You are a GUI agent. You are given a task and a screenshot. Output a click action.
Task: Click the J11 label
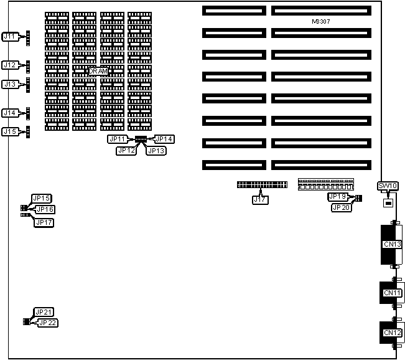(11, 37)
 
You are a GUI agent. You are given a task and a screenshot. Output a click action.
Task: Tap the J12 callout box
(11, 65)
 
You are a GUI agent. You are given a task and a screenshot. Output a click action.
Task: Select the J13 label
(11, 84)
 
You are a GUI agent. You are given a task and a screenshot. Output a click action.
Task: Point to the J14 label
(11, 113)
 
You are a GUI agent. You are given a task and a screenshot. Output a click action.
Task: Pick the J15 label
(11, 131)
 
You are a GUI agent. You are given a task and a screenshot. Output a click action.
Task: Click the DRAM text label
(98, 72)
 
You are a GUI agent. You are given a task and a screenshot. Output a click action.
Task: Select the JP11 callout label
(117, 139)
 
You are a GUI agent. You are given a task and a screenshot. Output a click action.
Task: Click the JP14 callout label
(164, 139)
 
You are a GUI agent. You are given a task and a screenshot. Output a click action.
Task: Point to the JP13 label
(156, 150)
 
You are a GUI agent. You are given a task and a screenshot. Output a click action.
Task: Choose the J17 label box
(261, 200)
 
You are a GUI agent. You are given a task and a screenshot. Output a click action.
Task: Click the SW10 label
(388, 186)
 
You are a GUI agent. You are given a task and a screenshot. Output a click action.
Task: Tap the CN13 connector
(392, 244)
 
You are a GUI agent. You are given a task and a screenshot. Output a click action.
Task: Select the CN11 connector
(392, 293)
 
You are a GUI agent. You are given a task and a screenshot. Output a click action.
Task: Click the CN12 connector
(392, 333)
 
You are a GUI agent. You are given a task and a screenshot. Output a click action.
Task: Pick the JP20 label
(340, 207)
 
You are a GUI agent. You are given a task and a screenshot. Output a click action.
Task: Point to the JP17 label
(44, 222)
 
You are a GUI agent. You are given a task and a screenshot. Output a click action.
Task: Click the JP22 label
(47, 322)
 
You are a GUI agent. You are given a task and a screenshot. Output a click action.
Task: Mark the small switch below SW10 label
(388, 202)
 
